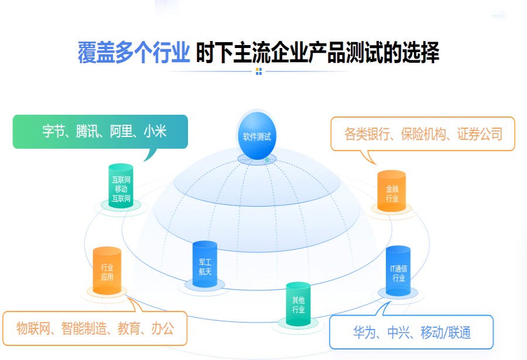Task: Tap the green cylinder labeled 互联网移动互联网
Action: point(121,187)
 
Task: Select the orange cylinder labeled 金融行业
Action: point(392,193)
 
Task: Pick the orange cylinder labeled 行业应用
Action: point(107,272)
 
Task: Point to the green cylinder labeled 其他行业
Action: point(298,305)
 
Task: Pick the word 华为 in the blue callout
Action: point(366,333)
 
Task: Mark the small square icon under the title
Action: point(258,71)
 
